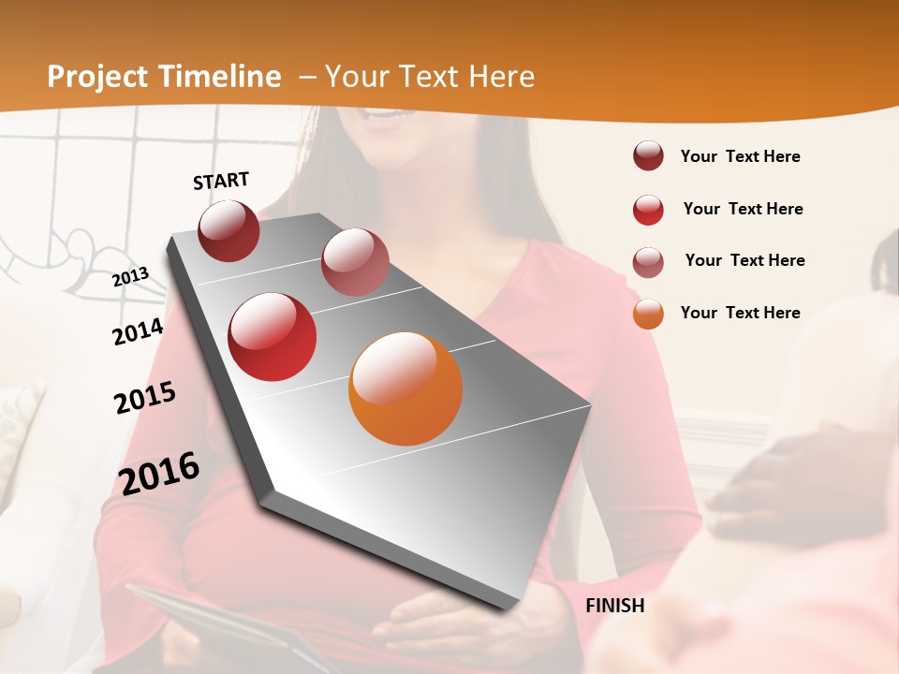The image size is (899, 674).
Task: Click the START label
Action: tap(221, 181)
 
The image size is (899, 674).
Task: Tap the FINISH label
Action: tap(615, 606)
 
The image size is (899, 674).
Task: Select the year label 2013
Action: tap(130, 276)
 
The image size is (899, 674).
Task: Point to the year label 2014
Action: tap(138, 331)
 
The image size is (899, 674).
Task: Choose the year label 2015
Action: tap(145, 398)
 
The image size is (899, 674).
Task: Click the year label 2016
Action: tap(159, 473)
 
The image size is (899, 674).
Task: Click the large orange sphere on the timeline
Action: tap(405, 388)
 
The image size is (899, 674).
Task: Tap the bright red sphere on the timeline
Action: tap(273, 337)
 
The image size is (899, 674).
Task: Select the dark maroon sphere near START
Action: tap(228, 230)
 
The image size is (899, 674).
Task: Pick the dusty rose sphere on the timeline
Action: tap(355, 262)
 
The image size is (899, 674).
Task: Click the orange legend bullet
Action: tap(648, 314)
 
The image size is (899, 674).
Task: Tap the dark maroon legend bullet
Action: tap(648, 156)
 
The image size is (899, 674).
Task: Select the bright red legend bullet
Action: tap(648, 210)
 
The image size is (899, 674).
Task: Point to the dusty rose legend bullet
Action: tap(648, 262)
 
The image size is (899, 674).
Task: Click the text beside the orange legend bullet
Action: tap(740, 313)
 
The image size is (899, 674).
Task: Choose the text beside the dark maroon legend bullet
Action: tap(740, 156)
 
